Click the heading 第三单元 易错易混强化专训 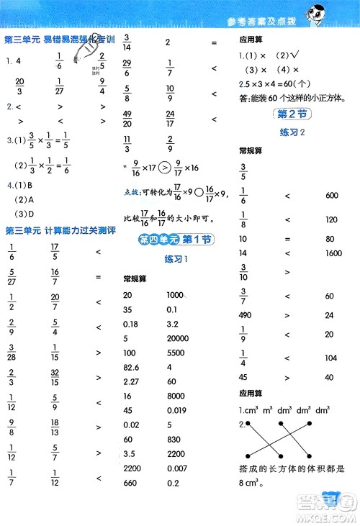tap(54, 40)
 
